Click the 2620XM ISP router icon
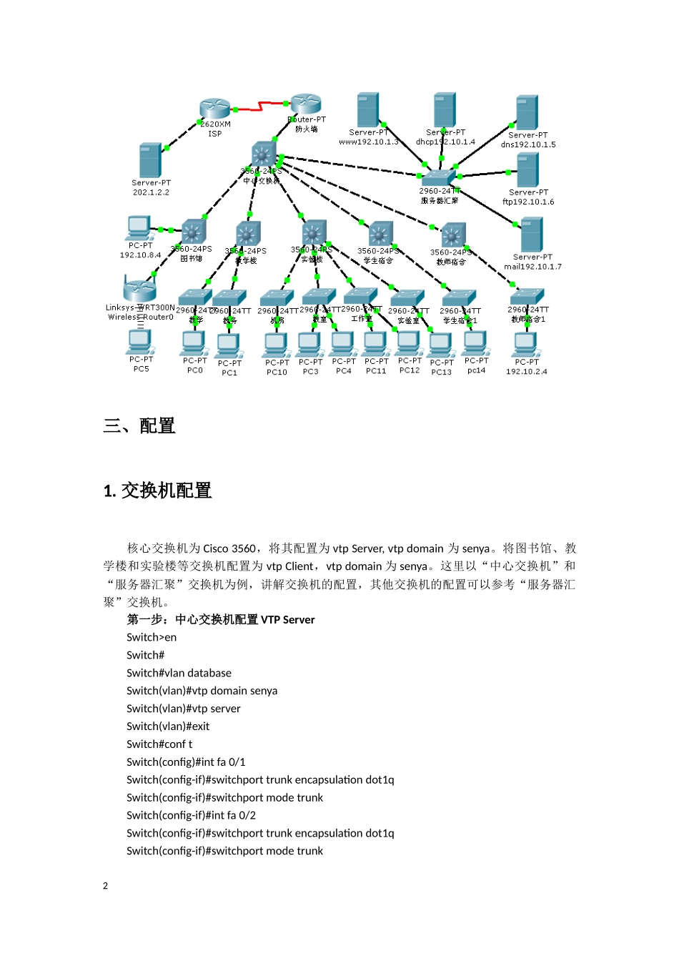(214, 109)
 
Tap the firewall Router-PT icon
(306, 104)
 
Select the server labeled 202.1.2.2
(150, 160)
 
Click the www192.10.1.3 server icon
(368, 110)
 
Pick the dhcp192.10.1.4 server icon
(445, 110)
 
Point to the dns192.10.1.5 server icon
(527, 112)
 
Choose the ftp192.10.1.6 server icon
(527, 170)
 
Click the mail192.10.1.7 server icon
(532, 235)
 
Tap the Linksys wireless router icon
(139, 290)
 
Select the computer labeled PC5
(140, 342)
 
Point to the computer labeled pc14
(475, 343)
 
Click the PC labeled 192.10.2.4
(525, 344)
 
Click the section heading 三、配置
(139, 426)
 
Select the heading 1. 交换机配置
(158, 491)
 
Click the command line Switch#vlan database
(179, 673)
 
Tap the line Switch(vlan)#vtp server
(183, 709)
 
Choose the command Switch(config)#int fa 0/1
(186, 762)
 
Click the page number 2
(106, 886)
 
